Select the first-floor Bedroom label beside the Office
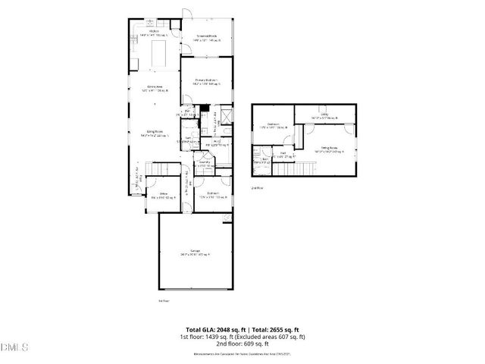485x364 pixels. click(214, 195)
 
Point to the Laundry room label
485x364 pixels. click(205, 163)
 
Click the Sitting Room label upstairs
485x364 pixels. click(329, 149)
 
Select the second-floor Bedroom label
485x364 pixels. click(274, 124)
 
